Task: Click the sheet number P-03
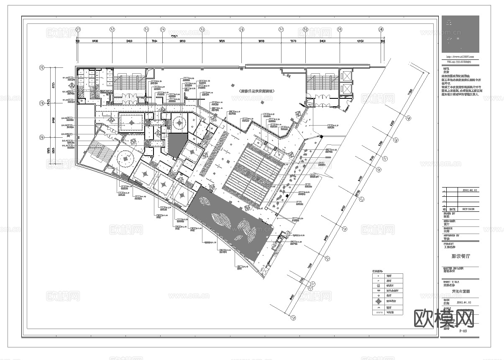pyautogui.click(x=463, y=331)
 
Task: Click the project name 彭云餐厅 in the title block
pyautogui.click(x=460, y=256)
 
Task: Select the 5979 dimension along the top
pyautogui.click(x=293, y=41)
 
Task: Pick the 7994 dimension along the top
pyautogui.click(x=154, y=41)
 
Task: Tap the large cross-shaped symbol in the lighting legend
pyautogui.click(x=378, y=301)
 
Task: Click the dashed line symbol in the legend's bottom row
pyautogui.click(x=378, y=312)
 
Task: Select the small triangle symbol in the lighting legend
pyautogui.click(x=378, y=307)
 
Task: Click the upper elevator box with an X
pyautogui.click(x=347, y=76)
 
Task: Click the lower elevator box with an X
pyautogui.click(x=347, y=89)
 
